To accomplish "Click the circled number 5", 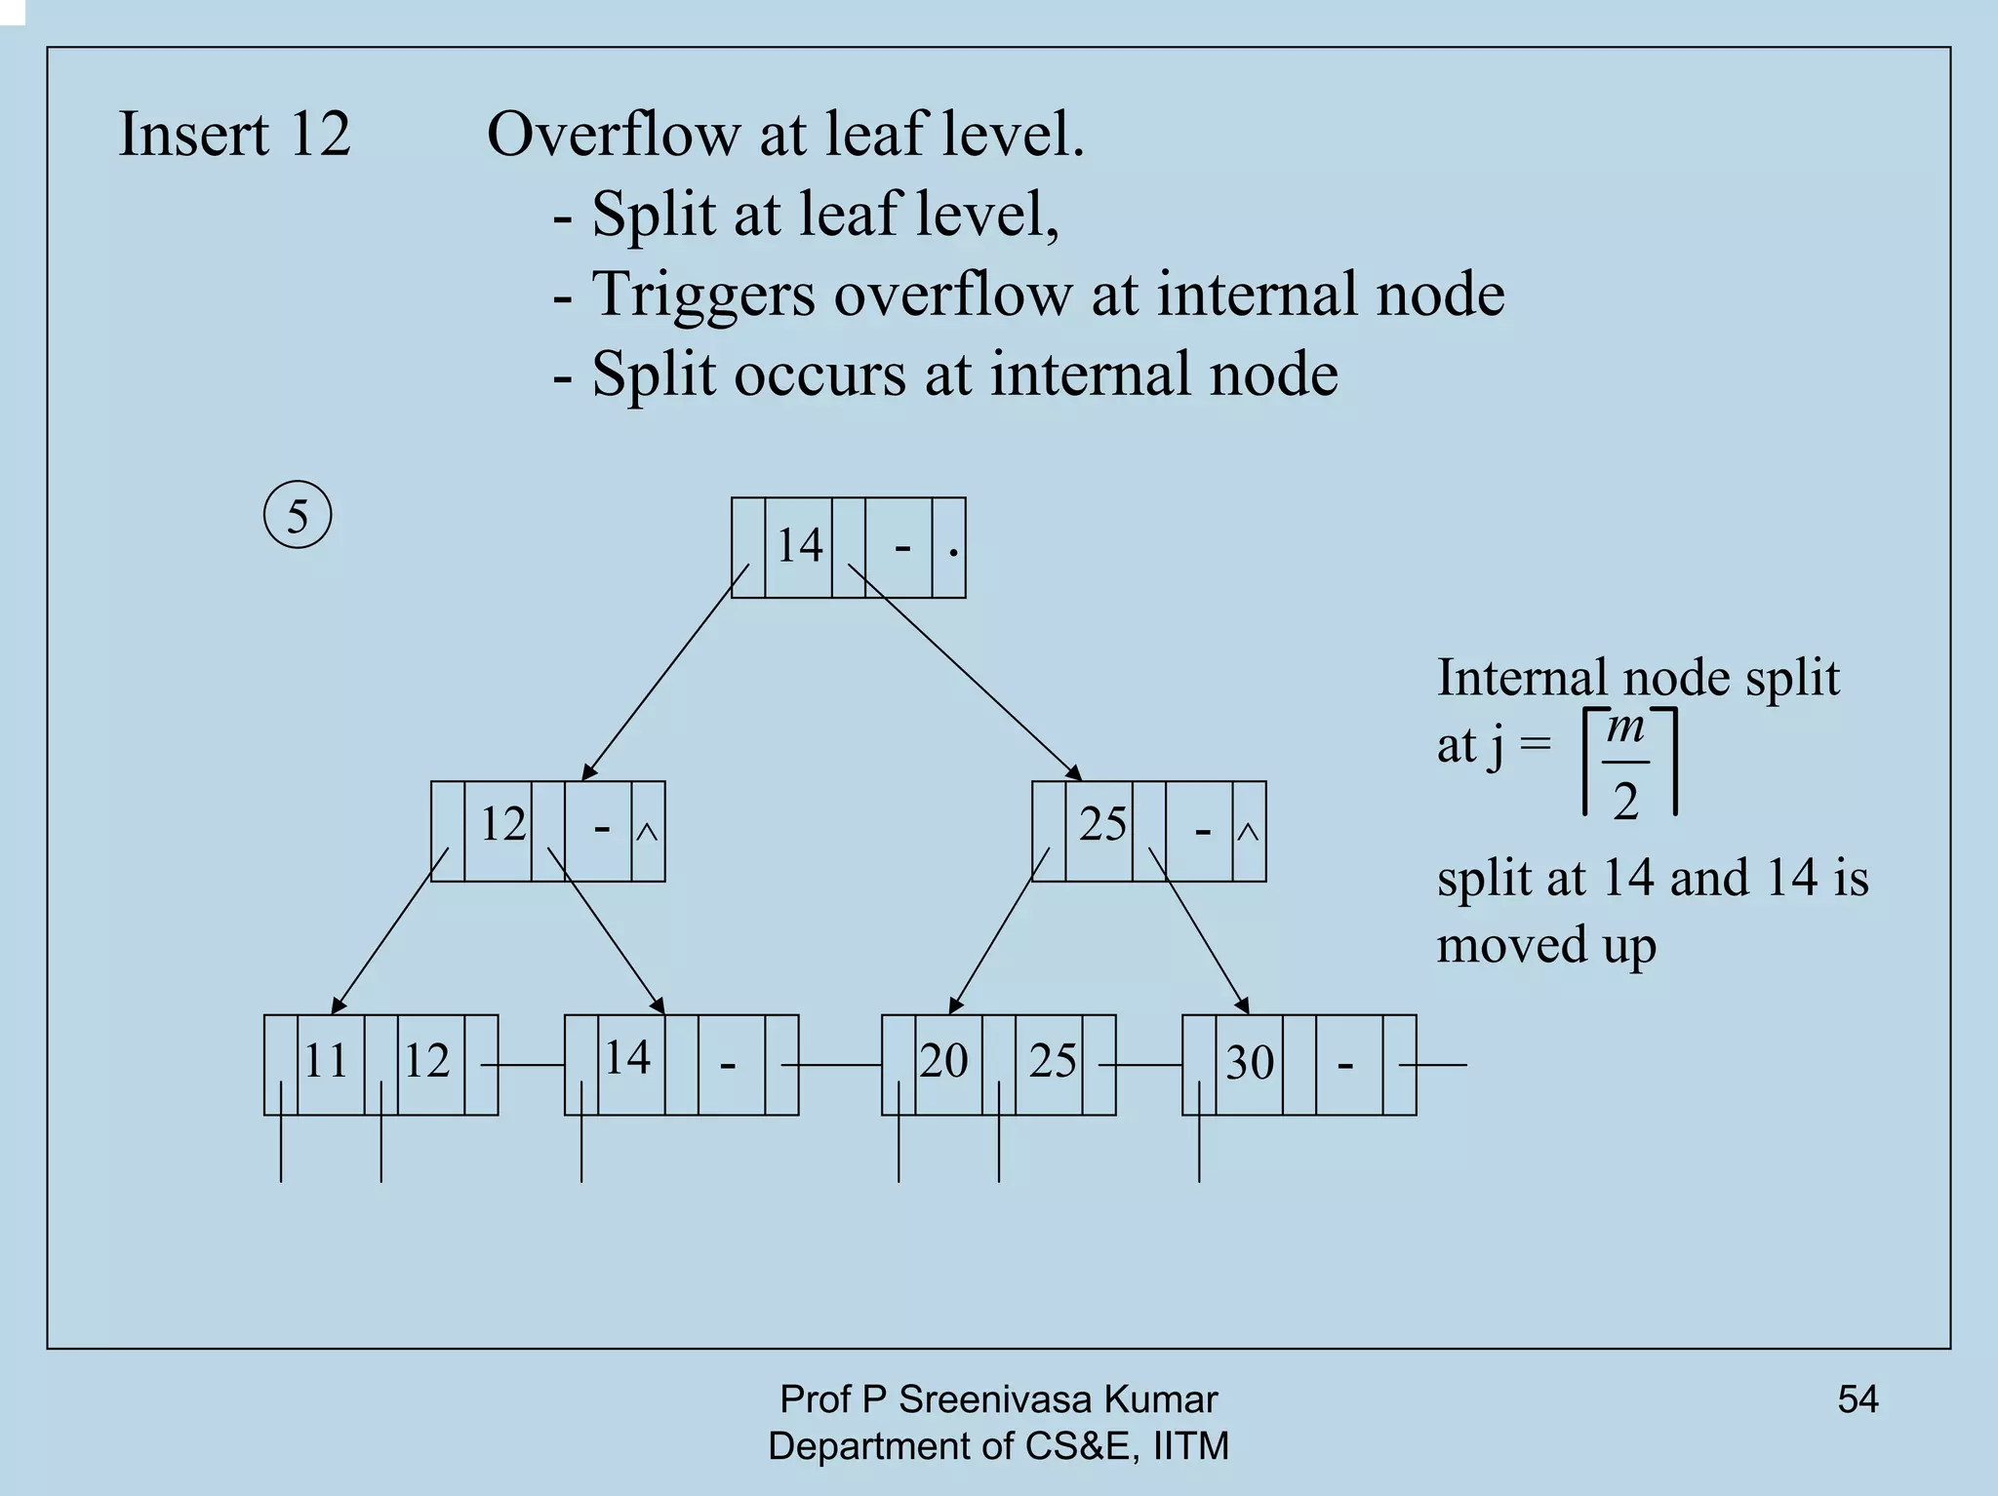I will pyautogui.click(x=298, y=515).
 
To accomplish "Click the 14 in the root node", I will pyautogui.click(x=799, y=544).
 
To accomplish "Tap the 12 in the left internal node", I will pyautogui.click(x=502, y=824).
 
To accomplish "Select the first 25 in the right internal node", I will pyautogui.click(x=1102, y=824).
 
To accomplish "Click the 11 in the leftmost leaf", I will pyautogui.click(x=326, y=1060).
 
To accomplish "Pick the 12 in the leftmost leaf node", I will pyautogui.click(x=426, y=1060).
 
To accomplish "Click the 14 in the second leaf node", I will pyautogui.click(x=627, y=1057).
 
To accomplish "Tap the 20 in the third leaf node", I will pyautogui.click(x=943, y=1060).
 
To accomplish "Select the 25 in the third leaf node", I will pyautogui.click(x=1053, y=1060).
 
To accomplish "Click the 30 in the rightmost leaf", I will pyautogui.click(x=1250, y=1062).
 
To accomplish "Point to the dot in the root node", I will pyautogui.click(x=953, y=554).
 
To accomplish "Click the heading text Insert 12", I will pyautogui.click(x=234, y=134).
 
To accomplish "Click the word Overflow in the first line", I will pyautogui.click(x=613, y=134).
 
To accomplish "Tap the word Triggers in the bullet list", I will pyautogui.click(x=703, y=295).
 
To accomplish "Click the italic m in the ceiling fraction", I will pyautogui.click(x=1625, y=728).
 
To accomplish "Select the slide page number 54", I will pyautogui.click(x=1858, y=1399).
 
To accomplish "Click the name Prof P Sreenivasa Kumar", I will pyautogui.click(x=998, y=1399).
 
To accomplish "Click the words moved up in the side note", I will pyautogui.click(x=1546, y=945).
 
